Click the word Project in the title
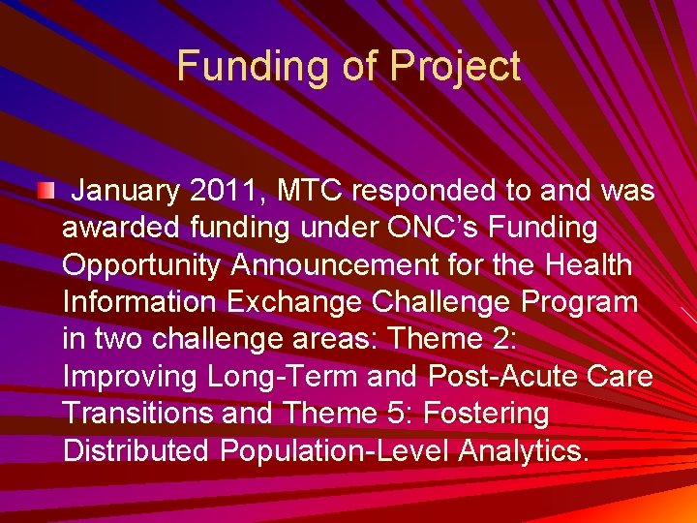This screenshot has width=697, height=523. [x=455, y=67]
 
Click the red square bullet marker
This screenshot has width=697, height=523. [x=45, y=189]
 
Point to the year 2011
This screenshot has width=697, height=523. [x=227, y=192]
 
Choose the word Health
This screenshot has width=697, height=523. [x=589, y=265]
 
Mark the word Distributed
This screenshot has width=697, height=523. [x=136, y=450]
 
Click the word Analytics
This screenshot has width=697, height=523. [x=523, y=450]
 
